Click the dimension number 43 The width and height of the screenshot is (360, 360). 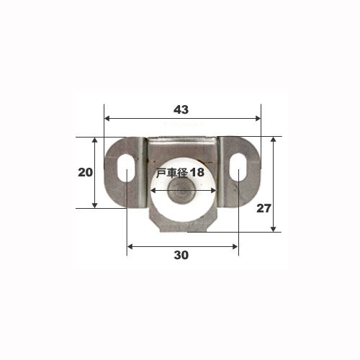click(x=181, y=109)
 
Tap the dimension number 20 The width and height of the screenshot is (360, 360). click(x=85, y=172)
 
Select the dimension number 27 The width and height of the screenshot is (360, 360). click(x=264, y=208)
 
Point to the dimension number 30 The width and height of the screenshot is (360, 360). click(x=181, y=255)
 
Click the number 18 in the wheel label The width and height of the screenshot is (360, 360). click(x=197, y=172)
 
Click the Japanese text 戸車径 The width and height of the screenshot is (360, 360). click(x=171, y=172)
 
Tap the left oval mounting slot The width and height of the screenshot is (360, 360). click(x=126, y=168)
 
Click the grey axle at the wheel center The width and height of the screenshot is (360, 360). click(x=177, y=191)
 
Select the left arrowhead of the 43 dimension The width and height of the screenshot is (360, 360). click(x=107, y=118)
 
